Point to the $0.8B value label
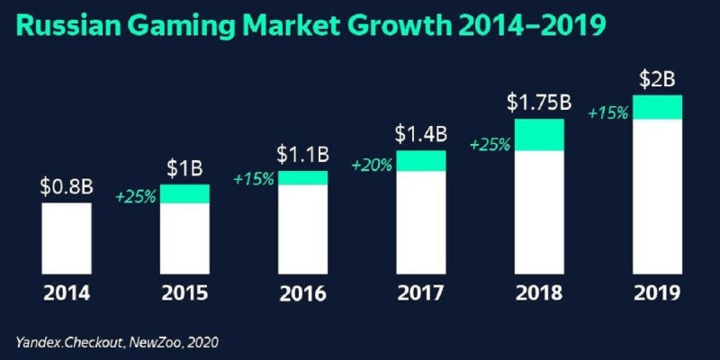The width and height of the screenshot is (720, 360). (66, 187)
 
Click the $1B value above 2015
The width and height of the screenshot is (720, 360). (184, 168)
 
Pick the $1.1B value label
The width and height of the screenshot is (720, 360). (302, 155)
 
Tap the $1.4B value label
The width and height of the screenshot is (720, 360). (420, 134)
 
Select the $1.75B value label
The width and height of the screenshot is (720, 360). (539, 102)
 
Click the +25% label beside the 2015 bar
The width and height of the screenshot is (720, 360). (137, 198)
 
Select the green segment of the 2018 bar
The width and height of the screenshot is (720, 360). (539, 134)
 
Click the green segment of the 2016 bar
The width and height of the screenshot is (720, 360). (302, 177)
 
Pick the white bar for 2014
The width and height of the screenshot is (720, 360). (66, 238)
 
